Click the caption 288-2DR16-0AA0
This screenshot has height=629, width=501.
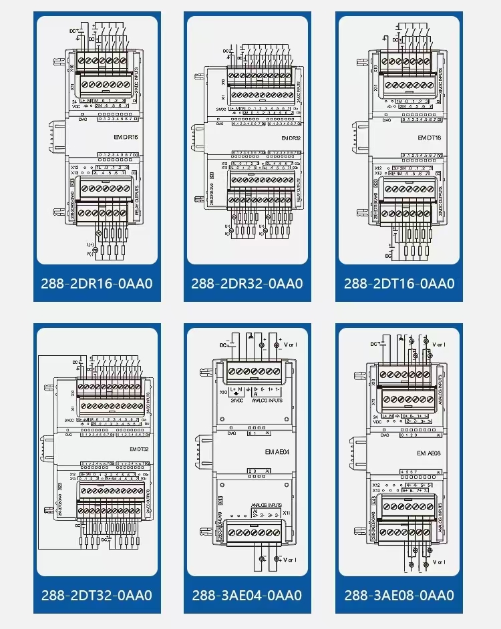(98, 283)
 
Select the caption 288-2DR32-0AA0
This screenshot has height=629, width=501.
(246, 283)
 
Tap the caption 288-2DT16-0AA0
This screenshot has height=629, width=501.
(399, 283)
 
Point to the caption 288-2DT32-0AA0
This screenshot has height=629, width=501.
(98, 595)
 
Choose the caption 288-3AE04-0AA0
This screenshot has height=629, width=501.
(246, 595)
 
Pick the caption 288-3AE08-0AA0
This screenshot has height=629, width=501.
(399, 595)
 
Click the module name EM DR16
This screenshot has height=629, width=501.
(126, 137)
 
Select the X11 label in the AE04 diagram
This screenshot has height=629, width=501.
(286, 512)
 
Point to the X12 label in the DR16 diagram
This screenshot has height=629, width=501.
(75, 166)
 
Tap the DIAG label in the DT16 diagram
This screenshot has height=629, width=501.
(386, 120)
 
